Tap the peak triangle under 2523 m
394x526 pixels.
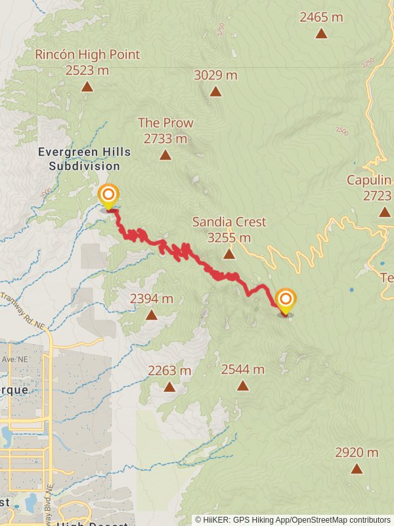pyautogui.click(x=87, y=87)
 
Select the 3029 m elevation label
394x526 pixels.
pyautogui.click(x=215, y=75)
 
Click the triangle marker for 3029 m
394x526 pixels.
pyautogui.click(x=215, y=91)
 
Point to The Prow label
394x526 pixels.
pyautogui.click(x=165, y=123)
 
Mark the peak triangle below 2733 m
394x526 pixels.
pyautogui.click(x=165, y=155)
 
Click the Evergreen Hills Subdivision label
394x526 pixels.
pyautogui.click(x=84, y=159)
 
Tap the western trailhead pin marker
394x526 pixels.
pyautogui.click(x=108, y=195)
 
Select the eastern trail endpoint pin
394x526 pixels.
pyautogui.click(x=286, y=300)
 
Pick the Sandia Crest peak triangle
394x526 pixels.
pyautogui.click(x=229, y=254)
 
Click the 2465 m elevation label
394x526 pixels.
pyautogui.click(x=321, y=17)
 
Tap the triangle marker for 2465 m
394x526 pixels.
pyautogui.click(x=321, y=33)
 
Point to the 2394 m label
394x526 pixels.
pyautogui.click(x=152, y=299)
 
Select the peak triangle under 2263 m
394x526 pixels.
pyautogui.click(x=169, y=387)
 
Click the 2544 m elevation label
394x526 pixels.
pyautogui.click(x=243, y=370)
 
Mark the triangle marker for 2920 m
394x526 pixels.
pyautogui.click(x=357, y=469)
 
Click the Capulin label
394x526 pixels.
pyautogui.click(x=369, y=180)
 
